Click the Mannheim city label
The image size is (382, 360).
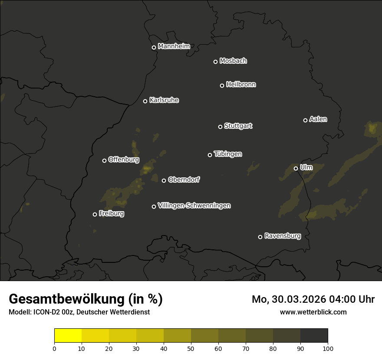174,46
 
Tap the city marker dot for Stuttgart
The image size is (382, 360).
220,127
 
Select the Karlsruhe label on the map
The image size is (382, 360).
164,100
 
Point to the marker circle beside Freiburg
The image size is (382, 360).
95,214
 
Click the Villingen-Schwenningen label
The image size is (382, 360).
194,206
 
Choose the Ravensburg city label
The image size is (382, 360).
282,236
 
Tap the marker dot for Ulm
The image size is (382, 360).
296,168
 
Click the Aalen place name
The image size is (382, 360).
318,119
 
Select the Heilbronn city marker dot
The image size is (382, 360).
222,85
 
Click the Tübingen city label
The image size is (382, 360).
227,154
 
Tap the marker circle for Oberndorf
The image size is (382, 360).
164,180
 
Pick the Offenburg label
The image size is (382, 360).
123,160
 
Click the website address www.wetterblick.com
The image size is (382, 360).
313,312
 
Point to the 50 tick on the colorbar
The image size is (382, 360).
191,348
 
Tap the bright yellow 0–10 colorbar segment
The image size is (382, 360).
68,336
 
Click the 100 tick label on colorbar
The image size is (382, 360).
328,348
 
